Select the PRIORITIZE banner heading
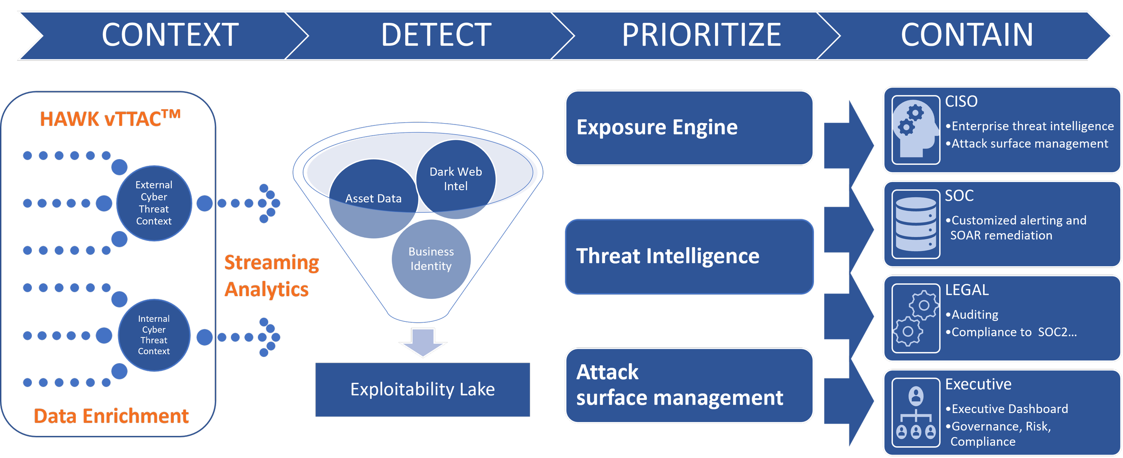pyautogui.click(x=701, y=35)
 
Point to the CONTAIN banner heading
pyautogui.click(x=967, y=35)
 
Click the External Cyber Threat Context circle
pyautogui.click(x=154, y=203)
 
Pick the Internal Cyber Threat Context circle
pyautogui.click(x=154, y=335)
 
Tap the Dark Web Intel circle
pyautogui.click(x=456, y=179)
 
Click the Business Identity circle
pyautogui.click(x=431, y=259)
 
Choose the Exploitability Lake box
pyautogui.click(x=423, y=389)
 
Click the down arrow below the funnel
pyautogui.click(x=423, y=342)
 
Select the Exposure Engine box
pyautogui.click(x=689, y=128)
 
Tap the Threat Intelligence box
pyautogui.click(x=689, y=257)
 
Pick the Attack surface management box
pyautogui.click(x=689, y=385)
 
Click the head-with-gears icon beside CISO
pyautogui.click(x=915, y=130)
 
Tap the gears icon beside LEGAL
pyautogui.click(x=915, y=318)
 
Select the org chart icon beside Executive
pyautogui.click(x=915, y=413)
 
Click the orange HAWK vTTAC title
pyautogui.click(x=110, y=119)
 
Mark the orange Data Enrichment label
pyautogui.click(x=111, y=416)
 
